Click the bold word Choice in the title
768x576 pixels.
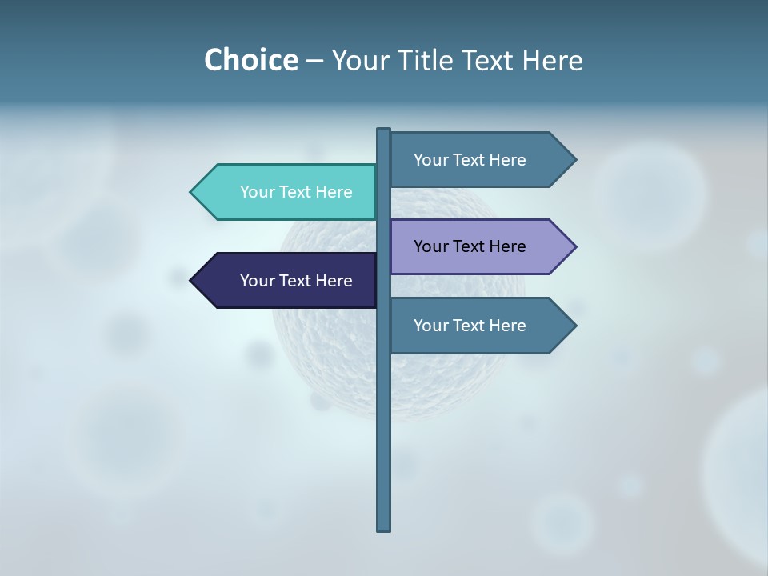point(250,60)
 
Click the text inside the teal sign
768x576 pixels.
point(296,192)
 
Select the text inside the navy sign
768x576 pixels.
point(296,281)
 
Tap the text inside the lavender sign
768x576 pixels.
point(470,246)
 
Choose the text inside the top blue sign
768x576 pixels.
point(470,160)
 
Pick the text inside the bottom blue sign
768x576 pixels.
point(470,326)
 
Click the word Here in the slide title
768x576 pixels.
point(552,60)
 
